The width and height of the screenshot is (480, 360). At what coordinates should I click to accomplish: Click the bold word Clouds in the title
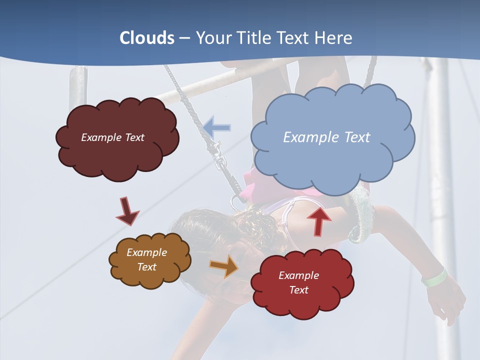[147, 38]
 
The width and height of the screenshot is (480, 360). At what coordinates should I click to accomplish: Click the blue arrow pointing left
[217, 127]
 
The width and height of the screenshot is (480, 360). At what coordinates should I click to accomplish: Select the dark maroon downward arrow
[127, 211]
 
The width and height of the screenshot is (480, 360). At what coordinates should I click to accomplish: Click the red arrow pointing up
[319, 220]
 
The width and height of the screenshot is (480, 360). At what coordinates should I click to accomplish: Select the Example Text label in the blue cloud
[326, 137]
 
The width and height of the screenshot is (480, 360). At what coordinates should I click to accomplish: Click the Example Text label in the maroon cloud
[112, 137]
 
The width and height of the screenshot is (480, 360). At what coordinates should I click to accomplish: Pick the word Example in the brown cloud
[146, 252]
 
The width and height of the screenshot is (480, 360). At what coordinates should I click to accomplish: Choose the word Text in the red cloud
[298, 290]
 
